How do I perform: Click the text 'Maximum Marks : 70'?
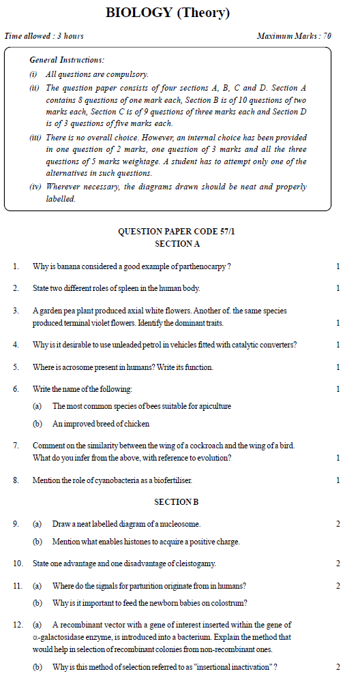click(294, 35)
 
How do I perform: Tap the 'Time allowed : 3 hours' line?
click(44, 35)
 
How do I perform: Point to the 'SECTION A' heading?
click(177, 243)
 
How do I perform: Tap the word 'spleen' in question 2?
click(109, 288)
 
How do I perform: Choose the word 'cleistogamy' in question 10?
click(195, 563)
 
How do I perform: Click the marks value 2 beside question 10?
click(337, 563)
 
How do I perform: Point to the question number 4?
click(16, 345)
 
